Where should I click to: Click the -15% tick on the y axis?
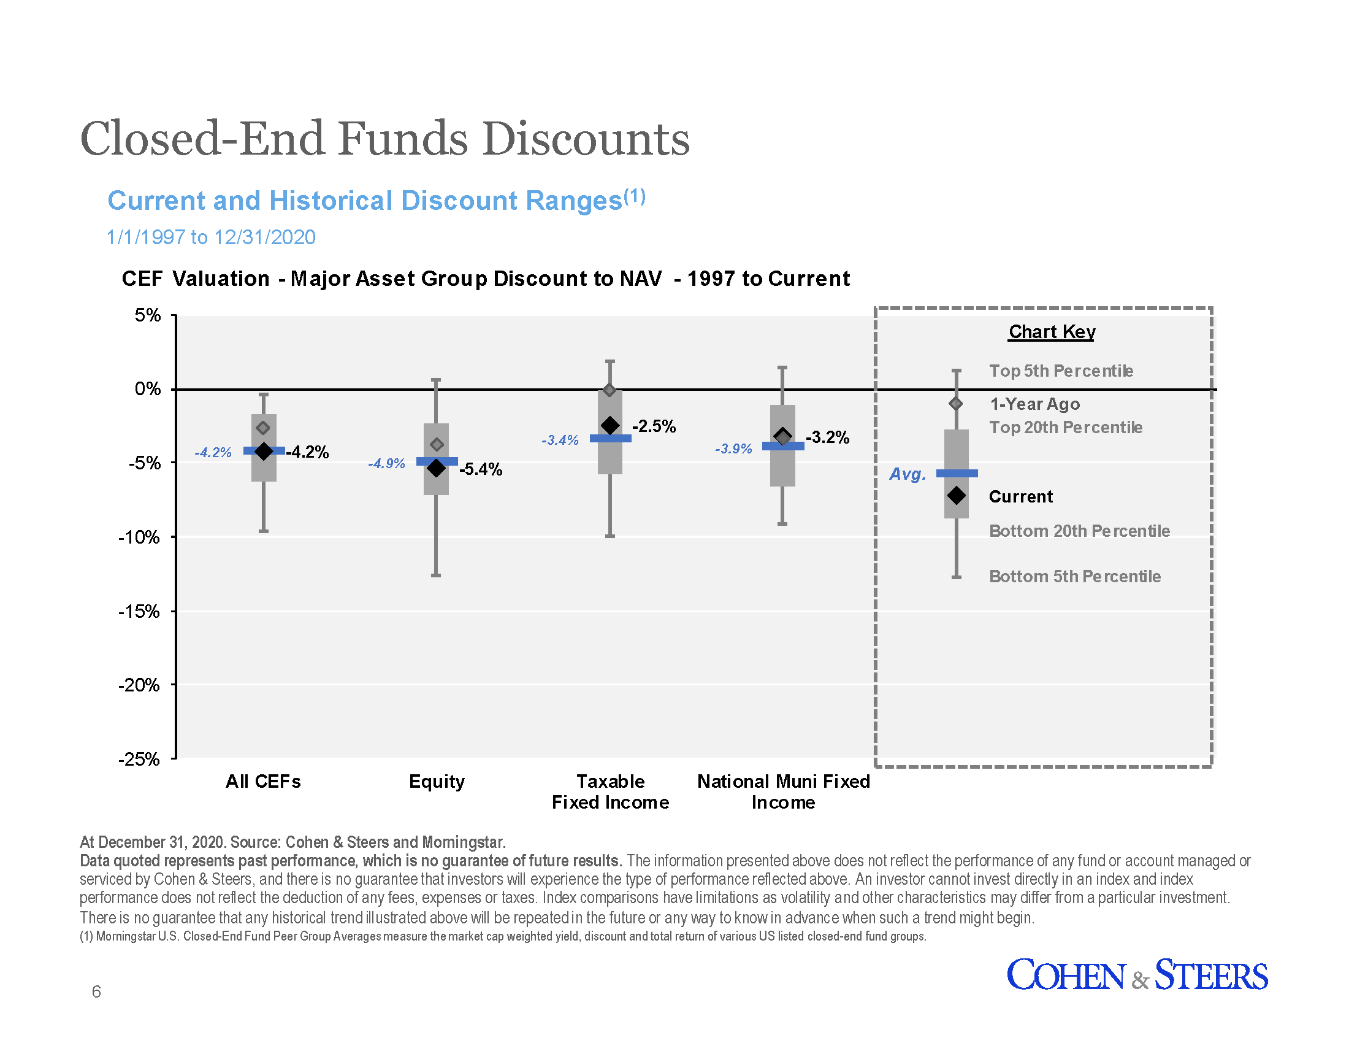(x=139, y=611)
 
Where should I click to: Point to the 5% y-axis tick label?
(x=148, y=315)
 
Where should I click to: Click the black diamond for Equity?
(x=436, y=468)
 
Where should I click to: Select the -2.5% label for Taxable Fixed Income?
(x=654, y=426)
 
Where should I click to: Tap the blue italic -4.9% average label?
(x=386, y=463)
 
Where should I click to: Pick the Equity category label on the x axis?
(x=436, y=781)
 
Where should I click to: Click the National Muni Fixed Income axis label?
(x=782, y=791)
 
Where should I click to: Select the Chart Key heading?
(x=1051, y=332)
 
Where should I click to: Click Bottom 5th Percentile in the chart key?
(x=1074, y=576)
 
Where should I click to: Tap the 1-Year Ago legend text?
(x=1034, y=404)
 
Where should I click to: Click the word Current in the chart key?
(x=1020, y=496)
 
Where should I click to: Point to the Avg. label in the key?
(x=907, y=474)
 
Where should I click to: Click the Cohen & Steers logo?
(x=1136, y=975)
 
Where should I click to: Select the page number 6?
(x=96, y=991)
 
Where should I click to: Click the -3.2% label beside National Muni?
(x=827, y=437)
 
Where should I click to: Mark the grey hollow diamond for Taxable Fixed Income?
(x=609, y=390)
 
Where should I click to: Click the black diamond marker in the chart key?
(x=956, y=495)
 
